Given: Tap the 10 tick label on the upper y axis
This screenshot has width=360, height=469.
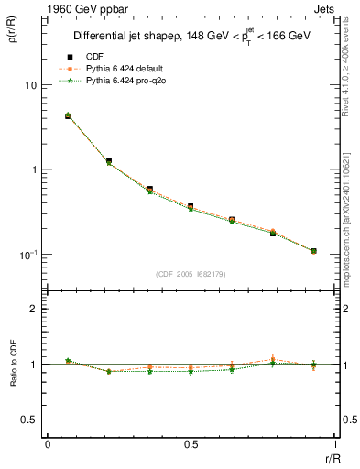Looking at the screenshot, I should pos(31,85).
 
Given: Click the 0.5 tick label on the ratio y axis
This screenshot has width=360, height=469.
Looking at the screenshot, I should pos(30,420).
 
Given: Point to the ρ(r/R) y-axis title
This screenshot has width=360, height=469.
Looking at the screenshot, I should pos(14,34).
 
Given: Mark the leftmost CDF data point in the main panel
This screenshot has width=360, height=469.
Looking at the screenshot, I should pos(68,116).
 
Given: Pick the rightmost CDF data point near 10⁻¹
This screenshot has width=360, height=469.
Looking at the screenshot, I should pos(313,251).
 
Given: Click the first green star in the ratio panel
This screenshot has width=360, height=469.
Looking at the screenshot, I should pos(68,360).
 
